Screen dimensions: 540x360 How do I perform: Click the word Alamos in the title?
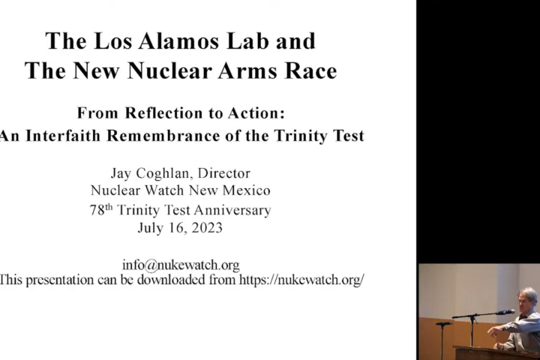(179, 41)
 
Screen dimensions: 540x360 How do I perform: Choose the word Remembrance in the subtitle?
(163, 136)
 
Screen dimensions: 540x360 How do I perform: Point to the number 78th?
(101, 210)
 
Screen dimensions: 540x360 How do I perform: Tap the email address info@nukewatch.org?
(181, 265)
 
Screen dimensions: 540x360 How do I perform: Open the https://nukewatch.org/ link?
(301, 280)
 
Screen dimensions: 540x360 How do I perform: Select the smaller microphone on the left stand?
(444, 323)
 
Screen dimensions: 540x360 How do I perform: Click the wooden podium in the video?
(496, 352)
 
